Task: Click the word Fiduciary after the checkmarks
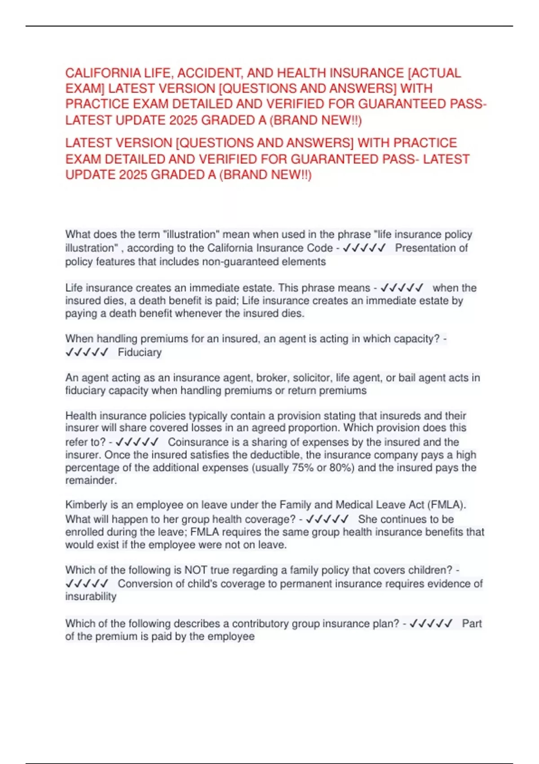click(x=140, y=352)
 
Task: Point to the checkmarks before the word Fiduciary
click(x=87, y=352)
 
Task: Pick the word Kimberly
click(x=86, y=505)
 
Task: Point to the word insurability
click(x=91, y=596)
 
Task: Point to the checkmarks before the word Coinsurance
click(x=137, y=442)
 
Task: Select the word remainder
click(x=91, y=480)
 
